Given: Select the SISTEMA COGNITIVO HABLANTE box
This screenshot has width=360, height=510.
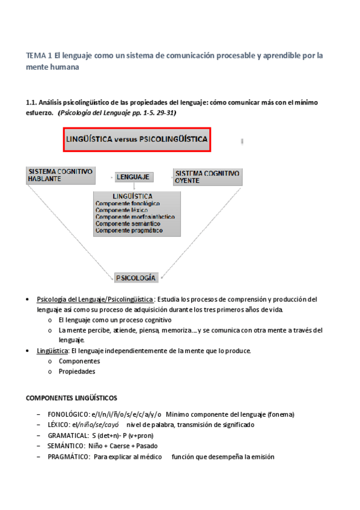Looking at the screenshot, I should coord(60,175).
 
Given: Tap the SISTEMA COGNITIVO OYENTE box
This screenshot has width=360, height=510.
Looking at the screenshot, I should coord(207,176).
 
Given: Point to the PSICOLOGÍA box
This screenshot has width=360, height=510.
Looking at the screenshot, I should coord(136,278).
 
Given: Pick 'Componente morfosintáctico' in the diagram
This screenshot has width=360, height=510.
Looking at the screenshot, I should coord(135,217).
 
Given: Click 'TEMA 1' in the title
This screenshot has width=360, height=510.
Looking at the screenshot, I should coord(38,55).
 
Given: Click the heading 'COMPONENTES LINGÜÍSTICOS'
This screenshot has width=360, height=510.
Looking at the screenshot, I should coord(72,398).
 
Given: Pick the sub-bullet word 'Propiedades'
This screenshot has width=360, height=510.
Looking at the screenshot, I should coord(77,372).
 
